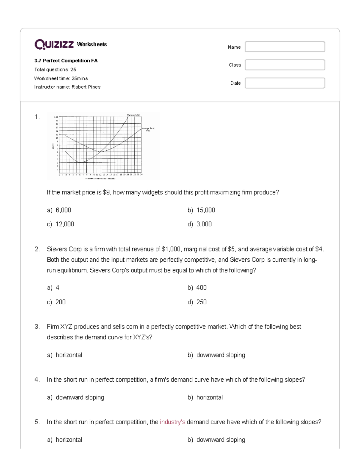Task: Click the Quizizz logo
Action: (54, 44)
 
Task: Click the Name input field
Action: (285, 47)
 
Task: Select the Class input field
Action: (285, 65)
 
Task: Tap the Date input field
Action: (285, 83)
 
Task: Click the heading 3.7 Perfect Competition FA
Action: (66, 61)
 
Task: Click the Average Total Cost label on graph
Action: (150, 129)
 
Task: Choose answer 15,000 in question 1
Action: (205, 210)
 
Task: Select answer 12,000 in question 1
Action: (64, 224)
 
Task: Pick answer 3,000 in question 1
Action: (204, 224)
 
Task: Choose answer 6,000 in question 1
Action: (63, 210)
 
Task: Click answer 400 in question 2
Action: (201, 288)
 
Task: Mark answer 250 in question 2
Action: (201, 302)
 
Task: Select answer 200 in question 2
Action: (60, 302)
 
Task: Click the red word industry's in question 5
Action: (172, 422)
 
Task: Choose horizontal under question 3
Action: (69, 355)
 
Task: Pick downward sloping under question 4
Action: (80, 398)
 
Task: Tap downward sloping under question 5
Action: (220, 440)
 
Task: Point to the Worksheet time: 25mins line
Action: (61, 78)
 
